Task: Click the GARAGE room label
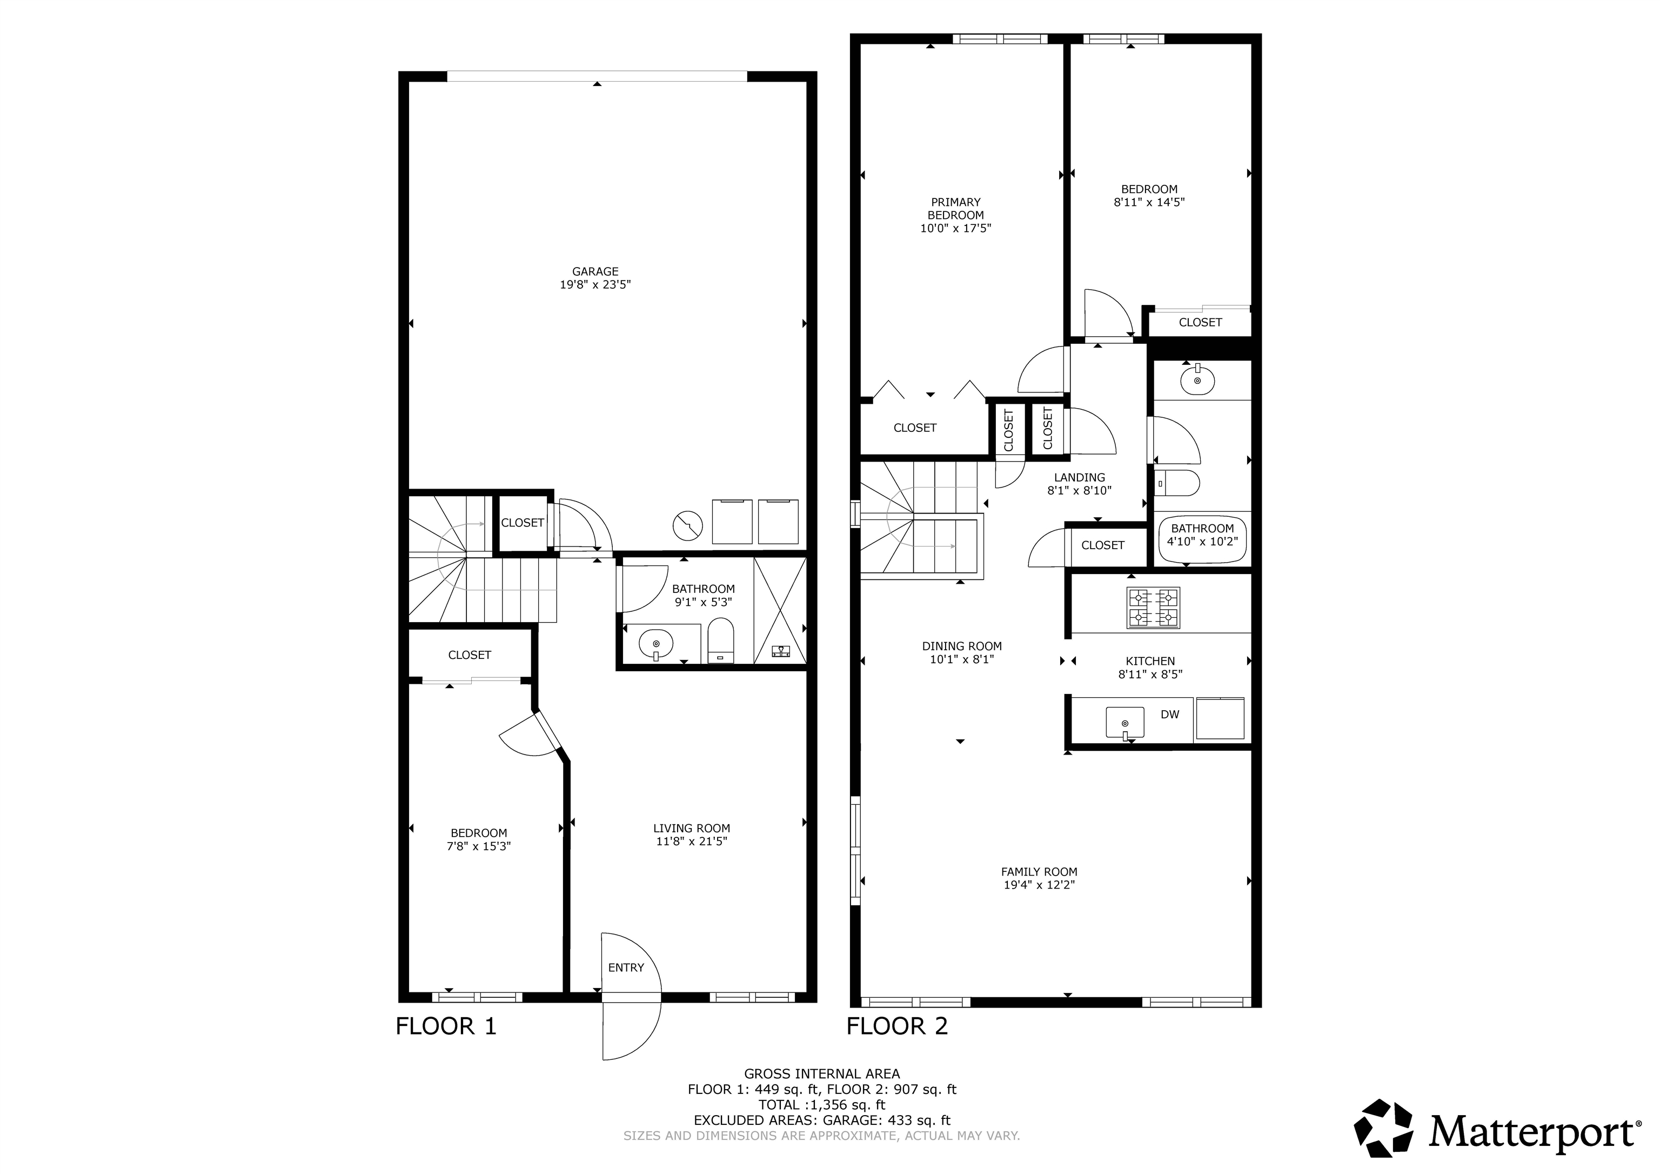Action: click(595, 272)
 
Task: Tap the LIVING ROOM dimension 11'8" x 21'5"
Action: click(691, 841)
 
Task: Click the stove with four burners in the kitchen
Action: click(1153, 608)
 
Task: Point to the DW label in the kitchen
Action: click(1170, 715)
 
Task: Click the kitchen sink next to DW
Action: click(1125, 723)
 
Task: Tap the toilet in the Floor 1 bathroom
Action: click(720, 640)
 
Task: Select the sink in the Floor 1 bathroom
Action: click(656, 642)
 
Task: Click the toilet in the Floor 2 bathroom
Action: click(1177, 483)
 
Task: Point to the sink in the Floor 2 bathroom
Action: click(1197, 381)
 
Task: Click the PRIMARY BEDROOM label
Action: click(956, 208)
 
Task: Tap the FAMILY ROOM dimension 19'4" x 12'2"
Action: click(1039, 885)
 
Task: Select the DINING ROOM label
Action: click(962, 646)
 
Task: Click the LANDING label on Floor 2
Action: click(1080, 477)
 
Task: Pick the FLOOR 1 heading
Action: click(446, 1026)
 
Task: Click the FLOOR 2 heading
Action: click(896, 1026)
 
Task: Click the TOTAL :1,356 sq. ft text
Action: click(821, 1105)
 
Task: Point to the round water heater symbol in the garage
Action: click(687, 526)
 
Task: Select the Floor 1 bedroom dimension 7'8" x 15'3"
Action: click(479, 845)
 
